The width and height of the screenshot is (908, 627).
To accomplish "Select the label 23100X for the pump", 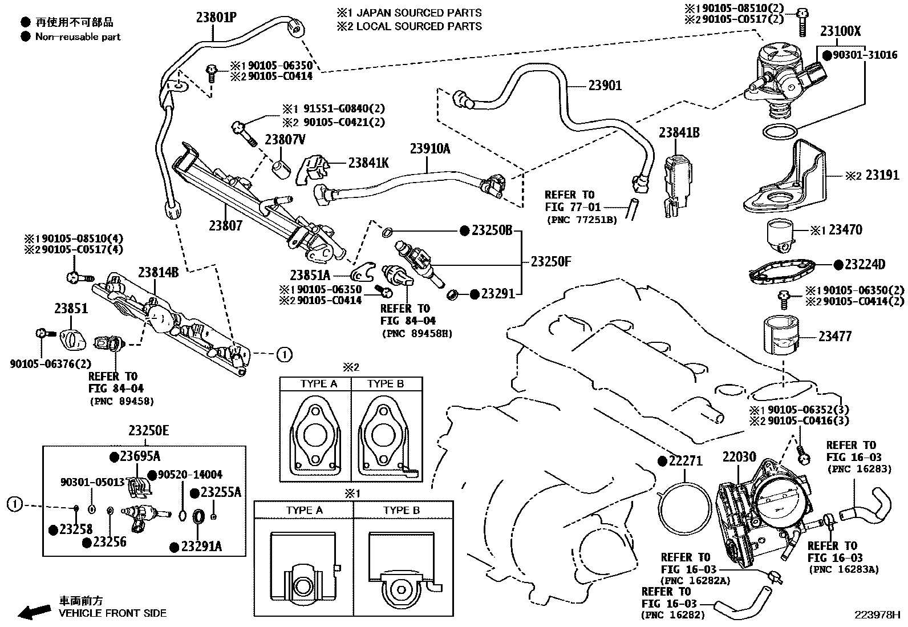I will coord(840,31).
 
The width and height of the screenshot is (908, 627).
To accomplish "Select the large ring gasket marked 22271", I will coord(684,508).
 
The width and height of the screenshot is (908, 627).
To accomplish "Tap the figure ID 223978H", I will coord(876,615).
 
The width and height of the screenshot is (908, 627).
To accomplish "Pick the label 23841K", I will coord(368,163).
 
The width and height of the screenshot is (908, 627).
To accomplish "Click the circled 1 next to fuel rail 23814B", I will coord(284,354).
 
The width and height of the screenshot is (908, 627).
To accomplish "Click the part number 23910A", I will coord(429,149).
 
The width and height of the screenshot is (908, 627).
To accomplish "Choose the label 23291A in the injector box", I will coord(201,547).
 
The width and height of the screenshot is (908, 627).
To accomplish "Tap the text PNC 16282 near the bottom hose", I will coord(673,615).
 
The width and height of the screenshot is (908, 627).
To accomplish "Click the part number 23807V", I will coord(285,139).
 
